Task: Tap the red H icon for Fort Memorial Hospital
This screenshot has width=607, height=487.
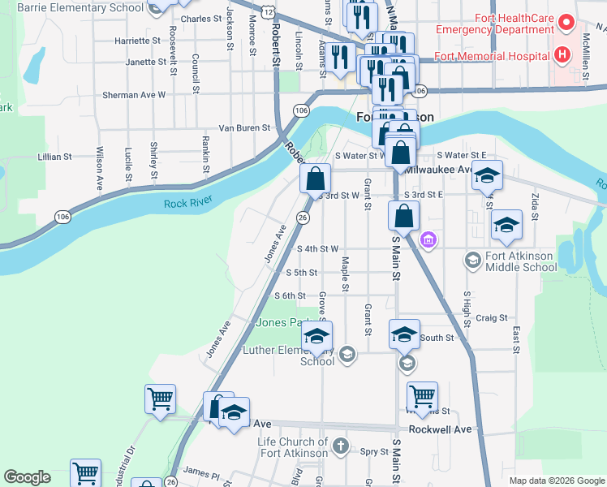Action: coord(562,55)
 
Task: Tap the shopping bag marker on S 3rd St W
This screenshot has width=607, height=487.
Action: coord(316,179)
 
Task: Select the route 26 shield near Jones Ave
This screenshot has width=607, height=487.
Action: coord(302,218)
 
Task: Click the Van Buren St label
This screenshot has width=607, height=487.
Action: coord(243,127)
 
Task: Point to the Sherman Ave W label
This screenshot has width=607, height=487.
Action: coord(134,95)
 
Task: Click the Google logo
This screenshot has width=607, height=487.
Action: coord(27,477)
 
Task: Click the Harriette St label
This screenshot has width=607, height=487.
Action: coord(138,39)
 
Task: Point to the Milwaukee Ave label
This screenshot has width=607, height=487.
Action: coord(438,170)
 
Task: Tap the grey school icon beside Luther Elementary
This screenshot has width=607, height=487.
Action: coord(347,353)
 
